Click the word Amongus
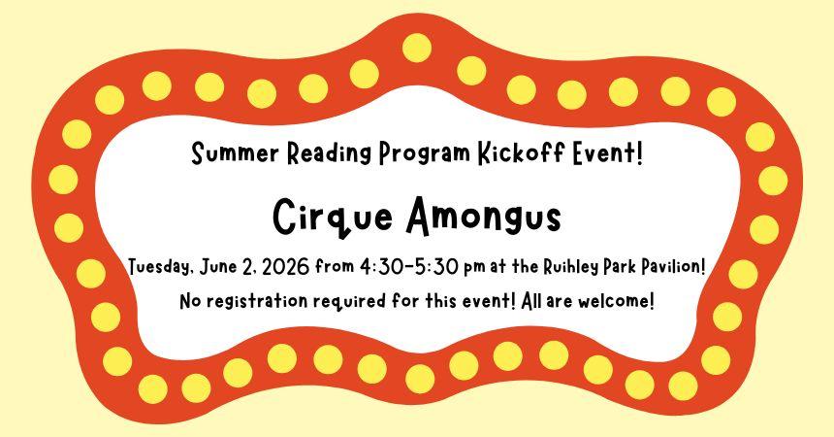pos(482,216)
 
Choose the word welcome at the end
pos(616,301)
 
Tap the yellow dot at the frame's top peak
pos(417,47)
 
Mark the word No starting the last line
pos(190,301)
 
